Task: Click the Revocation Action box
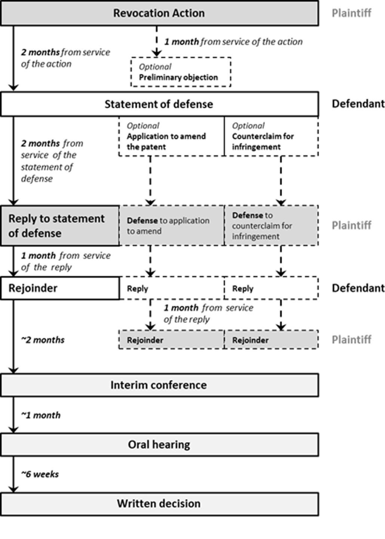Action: [159, 13]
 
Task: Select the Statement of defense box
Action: [159, 104]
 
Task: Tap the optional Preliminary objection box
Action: [181, 72]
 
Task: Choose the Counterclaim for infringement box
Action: [271, 137]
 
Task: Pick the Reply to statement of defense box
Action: [60, 226]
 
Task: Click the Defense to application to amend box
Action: [172, 226]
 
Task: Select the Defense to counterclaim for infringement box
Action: [271, 226]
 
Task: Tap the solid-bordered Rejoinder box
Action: [60, 288]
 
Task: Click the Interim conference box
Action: [159, 385]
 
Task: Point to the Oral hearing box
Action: [159, 445]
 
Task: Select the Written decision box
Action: [159, 504]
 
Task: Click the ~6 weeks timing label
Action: [40, 474]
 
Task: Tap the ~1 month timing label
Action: [41, 415]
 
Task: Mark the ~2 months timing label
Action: [43, 340]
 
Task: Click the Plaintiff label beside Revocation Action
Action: [351, 13]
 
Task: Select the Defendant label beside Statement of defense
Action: [358, 104]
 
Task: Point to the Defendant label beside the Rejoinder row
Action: [358, 288]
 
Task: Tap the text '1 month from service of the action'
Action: [234, 42]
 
